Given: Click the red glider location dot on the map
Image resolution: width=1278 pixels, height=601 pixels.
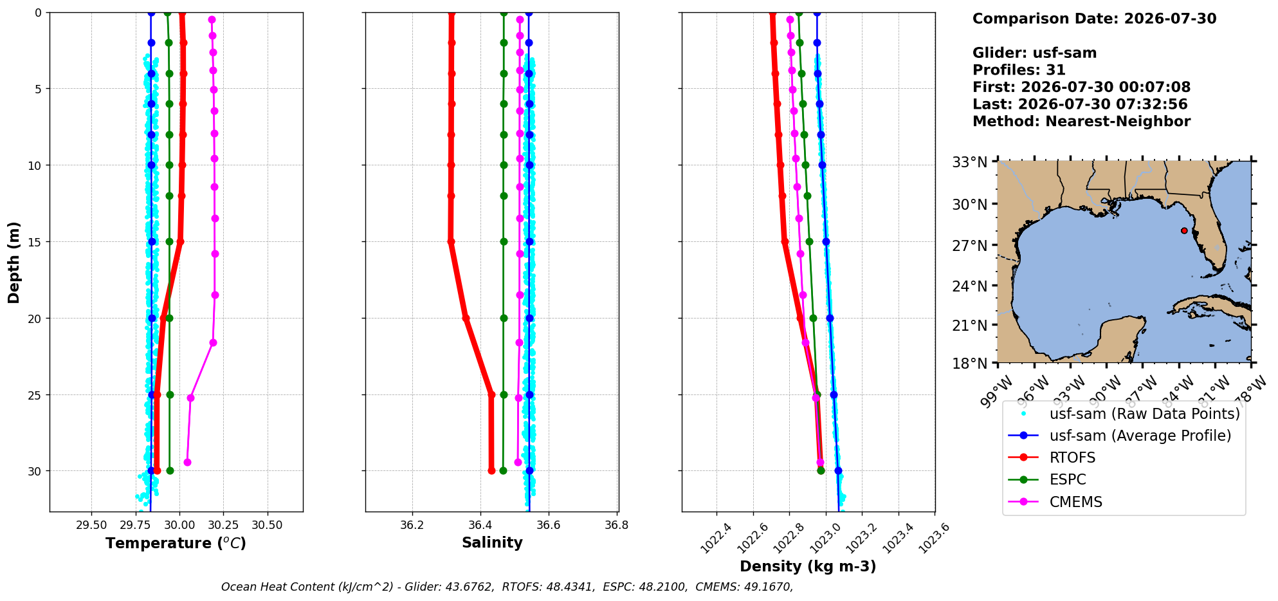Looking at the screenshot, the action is coord(1184,230).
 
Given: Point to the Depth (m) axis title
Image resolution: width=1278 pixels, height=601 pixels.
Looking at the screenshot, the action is coord(14,263).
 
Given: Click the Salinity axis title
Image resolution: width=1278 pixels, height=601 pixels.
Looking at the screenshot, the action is coord(492,542).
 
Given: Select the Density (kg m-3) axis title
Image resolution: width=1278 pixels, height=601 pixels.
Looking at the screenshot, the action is coord(808,566).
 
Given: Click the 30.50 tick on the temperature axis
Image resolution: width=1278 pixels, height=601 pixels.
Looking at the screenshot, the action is coord(267,525).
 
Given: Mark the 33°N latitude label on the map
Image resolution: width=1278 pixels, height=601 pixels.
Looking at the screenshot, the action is coord(969,162).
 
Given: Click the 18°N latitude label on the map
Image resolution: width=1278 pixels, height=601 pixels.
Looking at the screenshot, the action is coord(969,364).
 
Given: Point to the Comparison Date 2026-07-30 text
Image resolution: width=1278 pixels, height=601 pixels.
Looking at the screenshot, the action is coord(1094,19).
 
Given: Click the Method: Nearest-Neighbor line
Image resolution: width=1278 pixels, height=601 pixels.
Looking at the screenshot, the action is coord(1081,122).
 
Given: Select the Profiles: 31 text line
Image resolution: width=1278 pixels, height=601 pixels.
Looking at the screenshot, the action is coord(1019,70).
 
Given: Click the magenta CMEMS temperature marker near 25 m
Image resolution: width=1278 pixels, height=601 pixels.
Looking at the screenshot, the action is coord(190,398).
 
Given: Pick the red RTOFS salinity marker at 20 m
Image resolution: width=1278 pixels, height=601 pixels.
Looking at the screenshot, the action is coord(466,318).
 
